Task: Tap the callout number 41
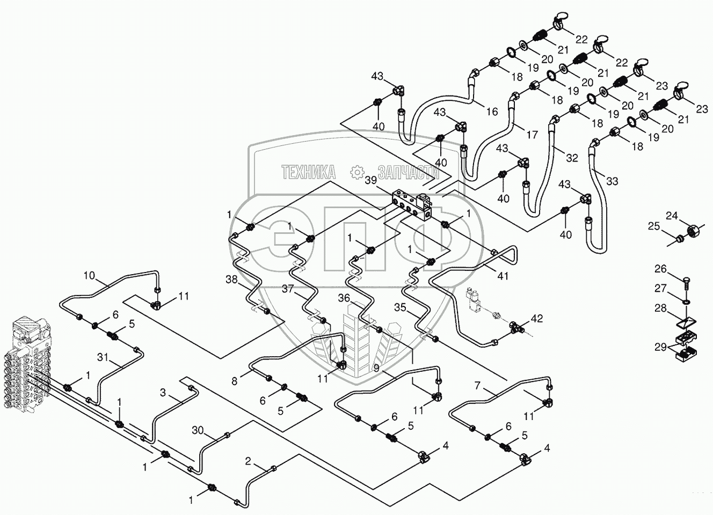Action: (x=503, y=276)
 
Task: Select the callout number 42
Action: (x=537, y=319)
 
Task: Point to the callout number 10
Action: (x=90, y=276)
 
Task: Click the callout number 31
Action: (x=103, y=357)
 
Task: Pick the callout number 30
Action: (x=198, y=430)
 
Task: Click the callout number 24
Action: (x=672, y=216)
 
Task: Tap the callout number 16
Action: (x=492, y=112)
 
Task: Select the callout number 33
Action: (x=612, y=181)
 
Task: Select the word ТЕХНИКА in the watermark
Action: (x=308, y=172)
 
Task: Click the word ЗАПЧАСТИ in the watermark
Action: (x=409, y=172)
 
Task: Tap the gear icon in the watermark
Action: (x=357, y=172)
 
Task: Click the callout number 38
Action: (x=231, y=279)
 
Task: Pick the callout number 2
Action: (x=248, y=461)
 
